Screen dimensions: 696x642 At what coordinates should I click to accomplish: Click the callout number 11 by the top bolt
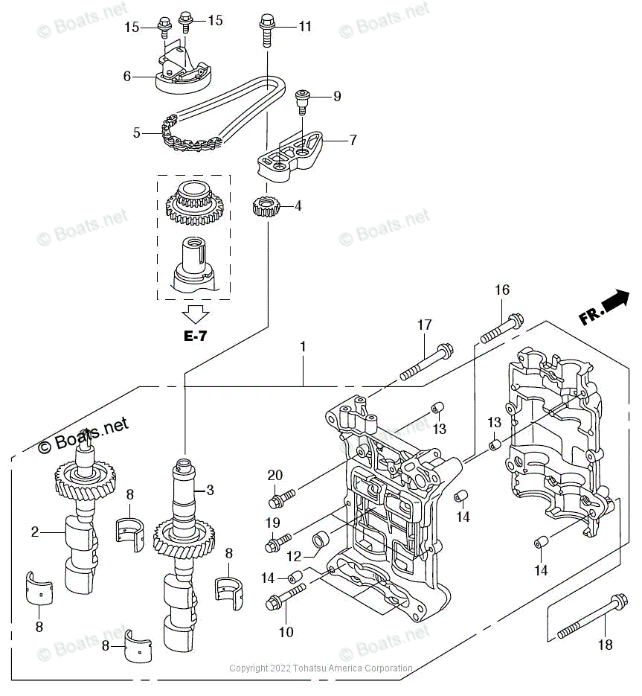pos(305,27)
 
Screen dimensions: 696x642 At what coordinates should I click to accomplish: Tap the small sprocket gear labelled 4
pos(266,206)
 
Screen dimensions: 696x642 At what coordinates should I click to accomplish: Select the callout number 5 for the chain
pos(137,133)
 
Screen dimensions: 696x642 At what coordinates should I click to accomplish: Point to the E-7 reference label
pos(195,336)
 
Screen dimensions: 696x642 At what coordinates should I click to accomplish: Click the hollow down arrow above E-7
pos(196,313)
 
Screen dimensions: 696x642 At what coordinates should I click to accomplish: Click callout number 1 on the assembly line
pos(303,347)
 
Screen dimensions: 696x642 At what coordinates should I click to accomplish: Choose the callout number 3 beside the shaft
pos(211,490)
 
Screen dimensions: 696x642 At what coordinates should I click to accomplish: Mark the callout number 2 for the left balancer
pos(34,531)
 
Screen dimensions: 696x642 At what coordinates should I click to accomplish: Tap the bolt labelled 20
pos(283,494)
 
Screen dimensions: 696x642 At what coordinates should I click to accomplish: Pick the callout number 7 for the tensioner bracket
pos(353,139)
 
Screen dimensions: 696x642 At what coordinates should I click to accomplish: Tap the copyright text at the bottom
pos(321,668)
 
